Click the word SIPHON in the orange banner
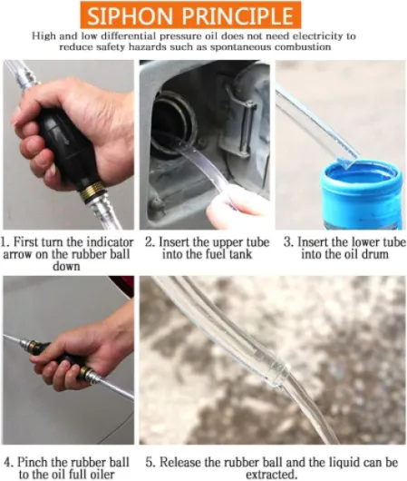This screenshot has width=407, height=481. click(130, 15)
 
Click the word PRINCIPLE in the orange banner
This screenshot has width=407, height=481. click(236, 15)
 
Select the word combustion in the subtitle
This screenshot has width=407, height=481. click(303, 47)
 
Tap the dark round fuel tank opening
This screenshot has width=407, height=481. click(167, 123)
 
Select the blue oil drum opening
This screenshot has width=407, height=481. click(361, 174)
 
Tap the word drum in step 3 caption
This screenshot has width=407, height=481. click(376, 254)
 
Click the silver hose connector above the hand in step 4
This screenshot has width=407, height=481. click(27, 343)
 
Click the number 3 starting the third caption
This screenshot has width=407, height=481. click(286, 242)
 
